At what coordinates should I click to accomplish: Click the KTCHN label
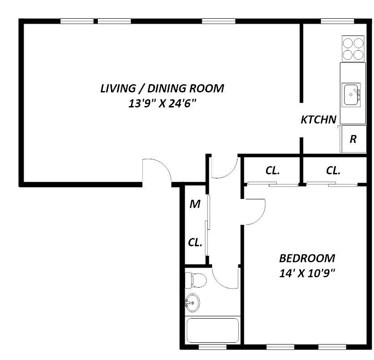[x=318, y=120]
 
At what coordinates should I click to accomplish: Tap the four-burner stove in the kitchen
[x=353, y=48]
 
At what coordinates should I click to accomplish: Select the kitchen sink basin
[x=351, y=95]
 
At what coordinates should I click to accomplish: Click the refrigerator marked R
[x=353, y=139]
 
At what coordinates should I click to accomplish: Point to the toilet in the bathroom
[x=196, y=280]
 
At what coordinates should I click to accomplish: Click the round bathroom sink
[x=192, y=303]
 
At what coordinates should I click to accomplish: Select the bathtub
[x=212, y=330]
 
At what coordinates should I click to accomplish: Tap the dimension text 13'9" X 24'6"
[x=162, y=103]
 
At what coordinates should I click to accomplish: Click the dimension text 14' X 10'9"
[x=307, y=273]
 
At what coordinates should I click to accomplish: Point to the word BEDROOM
[x=307, y=259]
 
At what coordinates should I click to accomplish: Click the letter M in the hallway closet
[x=195, y=204]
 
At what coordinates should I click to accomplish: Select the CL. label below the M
[x=195, y=243]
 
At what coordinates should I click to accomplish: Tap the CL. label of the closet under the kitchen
[x=333, y=171]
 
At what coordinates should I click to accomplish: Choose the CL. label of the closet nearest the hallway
[x=273, y=171]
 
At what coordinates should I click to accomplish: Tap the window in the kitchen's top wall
[x=337, y=21]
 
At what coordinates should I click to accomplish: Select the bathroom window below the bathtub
[x=212, y=347]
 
